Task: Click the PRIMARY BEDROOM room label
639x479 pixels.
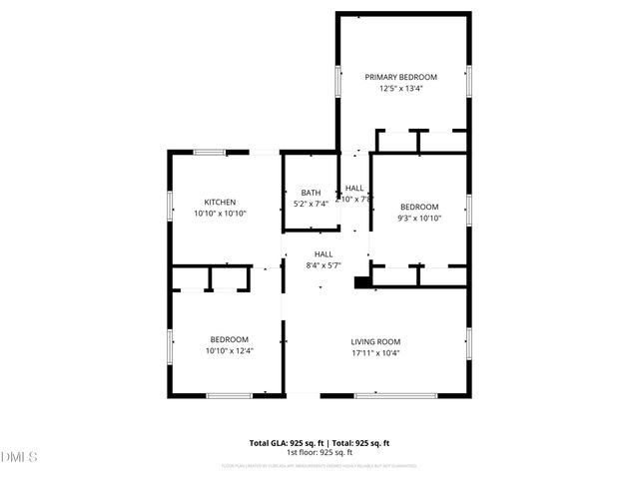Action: point(400,77)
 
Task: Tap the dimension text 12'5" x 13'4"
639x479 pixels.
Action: point(400,88)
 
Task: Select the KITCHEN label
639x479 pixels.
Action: point(220,202)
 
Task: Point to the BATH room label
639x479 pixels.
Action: point(311,193)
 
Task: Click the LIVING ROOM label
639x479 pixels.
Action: point(374,341)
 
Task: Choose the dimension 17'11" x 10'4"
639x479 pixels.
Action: point(374,352)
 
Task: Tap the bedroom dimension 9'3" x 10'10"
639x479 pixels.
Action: point(419,218)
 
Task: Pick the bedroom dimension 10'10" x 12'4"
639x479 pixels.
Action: point(229,350)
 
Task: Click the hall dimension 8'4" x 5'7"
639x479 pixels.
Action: point(323,265)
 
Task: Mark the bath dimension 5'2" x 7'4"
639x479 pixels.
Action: point(311,204)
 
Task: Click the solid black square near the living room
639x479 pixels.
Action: point(361,282)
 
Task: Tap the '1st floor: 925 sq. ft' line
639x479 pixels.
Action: point(319,452)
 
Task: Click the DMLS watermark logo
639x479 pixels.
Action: point(20,457)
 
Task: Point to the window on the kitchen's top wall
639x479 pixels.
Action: point(209,153)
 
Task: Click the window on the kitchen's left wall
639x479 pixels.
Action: point(169,204)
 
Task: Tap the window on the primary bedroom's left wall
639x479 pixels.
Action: point(337,81)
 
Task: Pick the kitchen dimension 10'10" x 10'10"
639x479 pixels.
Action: point(220,213)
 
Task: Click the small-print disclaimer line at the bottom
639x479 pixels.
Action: point(319,465)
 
